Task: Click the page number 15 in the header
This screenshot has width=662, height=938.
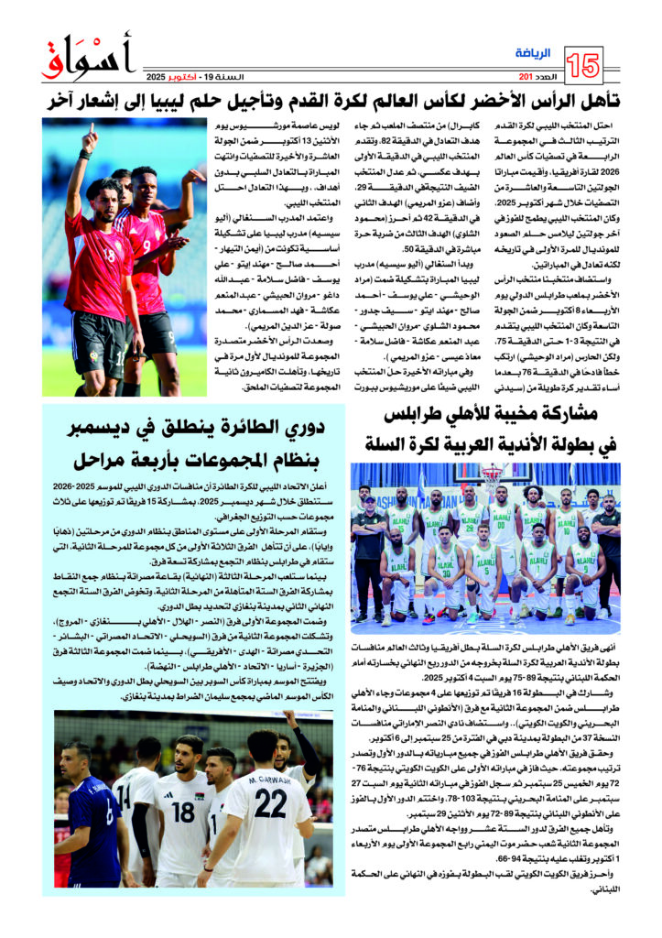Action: click(x=585, y=65)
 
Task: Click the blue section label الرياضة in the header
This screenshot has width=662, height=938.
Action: click(x=534, y=54)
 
